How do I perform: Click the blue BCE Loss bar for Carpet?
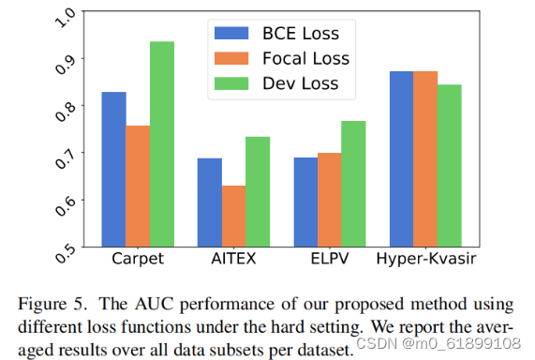click(x=113, y=170)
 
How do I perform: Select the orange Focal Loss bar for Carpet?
click(x=138, y=187)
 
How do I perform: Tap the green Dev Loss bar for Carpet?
click(x=161, y=144)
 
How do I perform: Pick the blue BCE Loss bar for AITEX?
click(x=209, y=202)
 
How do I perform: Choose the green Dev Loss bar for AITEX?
click(x=257, y=192)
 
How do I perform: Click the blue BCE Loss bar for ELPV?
click(x=305, y=202)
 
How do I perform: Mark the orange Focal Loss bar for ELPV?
click(x=329, y=200)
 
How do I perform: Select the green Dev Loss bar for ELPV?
click(x=353, y=184)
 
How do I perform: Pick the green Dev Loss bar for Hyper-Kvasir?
click(x=449, y=166)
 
